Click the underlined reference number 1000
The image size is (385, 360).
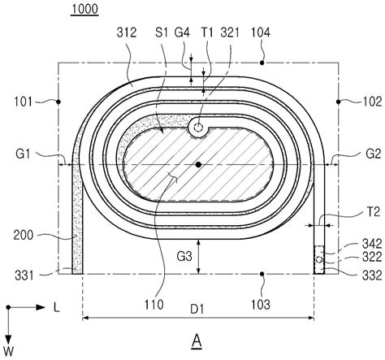[84, 9]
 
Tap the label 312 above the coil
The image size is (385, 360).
[127, 33]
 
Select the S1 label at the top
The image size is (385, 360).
[162, 33]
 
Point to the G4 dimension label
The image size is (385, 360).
[182, 33]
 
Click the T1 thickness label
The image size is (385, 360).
[207, 33]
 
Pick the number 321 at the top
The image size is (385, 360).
[230, 33]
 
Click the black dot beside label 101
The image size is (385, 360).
[58, 102]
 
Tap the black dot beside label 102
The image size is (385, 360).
[338, 102]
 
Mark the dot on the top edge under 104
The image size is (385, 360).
[262, 63]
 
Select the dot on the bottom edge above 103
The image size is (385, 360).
[262, 274]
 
